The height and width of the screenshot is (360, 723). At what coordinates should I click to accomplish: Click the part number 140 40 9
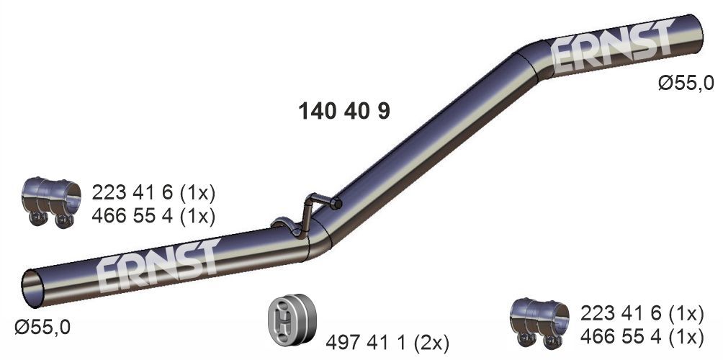pyautogui.click(x=343, y=112)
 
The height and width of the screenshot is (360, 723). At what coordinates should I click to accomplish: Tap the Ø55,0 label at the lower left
pyautogui.click(x=42, y=328)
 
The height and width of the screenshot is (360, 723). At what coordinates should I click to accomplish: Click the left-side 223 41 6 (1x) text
pyautogui.click(x=153, y=193)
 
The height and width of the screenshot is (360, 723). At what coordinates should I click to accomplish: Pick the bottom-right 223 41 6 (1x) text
pyautogui.click(x=641, y=313)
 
